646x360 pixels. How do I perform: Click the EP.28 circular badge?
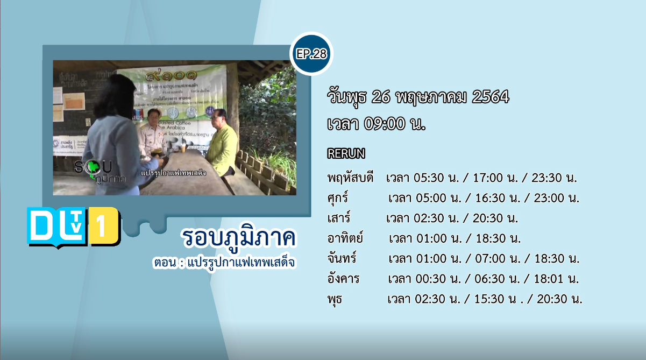[x=311, y=54]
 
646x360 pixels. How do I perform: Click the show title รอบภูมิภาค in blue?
[x=239, y=237]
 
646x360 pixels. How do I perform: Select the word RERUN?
[x=346, y=154]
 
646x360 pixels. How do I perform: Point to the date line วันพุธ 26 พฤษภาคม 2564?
[x=418, y=97]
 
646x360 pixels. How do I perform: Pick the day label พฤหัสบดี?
[x=350, y=178]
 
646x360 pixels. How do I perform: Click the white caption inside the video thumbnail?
[x=173, y=173]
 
